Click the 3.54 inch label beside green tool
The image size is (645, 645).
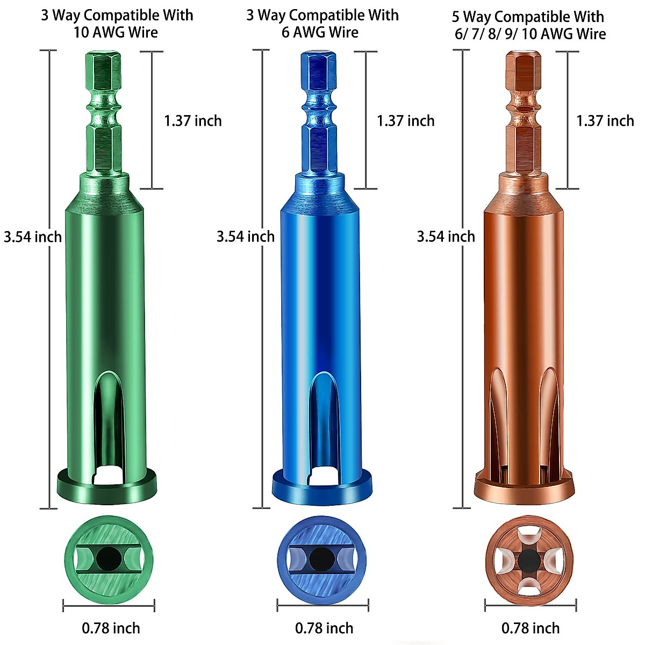33,237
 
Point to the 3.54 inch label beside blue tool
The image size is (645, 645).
246,236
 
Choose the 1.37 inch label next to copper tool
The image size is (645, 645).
605,121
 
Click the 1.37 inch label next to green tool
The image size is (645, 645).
193,121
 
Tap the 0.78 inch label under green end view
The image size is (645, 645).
111,628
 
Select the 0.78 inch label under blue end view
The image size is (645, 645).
324,628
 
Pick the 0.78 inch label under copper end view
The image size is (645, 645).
531,628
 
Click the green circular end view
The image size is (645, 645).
109,560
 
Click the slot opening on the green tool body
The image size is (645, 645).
107,425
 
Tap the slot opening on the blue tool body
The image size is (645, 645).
321,425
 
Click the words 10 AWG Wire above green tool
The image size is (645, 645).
116,33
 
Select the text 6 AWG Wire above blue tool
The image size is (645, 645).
320,33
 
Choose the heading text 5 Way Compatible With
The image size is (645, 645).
528,17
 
